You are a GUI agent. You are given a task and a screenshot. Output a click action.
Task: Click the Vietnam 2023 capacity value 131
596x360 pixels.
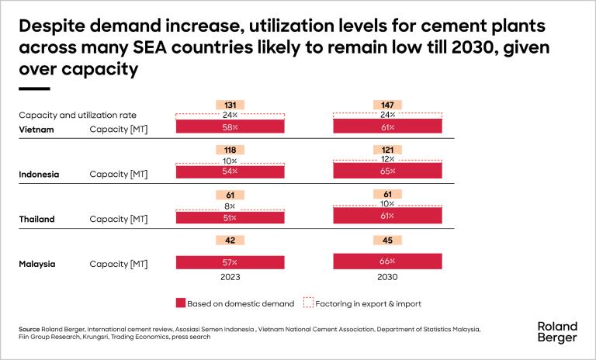point(230,105)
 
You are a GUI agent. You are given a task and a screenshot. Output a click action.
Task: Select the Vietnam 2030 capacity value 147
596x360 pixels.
point(386,105)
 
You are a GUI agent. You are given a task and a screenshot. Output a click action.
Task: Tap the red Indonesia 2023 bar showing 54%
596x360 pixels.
point(230,170)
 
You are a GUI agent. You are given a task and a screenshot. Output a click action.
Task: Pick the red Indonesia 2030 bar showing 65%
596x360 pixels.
point(386,170)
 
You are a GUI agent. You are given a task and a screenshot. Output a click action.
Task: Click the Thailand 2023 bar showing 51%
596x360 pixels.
point(230,217)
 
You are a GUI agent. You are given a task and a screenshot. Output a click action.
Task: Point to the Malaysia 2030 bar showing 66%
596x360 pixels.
point(386,261)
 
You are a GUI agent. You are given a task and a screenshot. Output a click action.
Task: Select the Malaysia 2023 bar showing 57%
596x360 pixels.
point(230,263)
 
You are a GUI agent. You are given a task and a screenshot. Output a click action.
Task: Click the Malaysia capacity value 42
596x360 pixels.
point(230,240)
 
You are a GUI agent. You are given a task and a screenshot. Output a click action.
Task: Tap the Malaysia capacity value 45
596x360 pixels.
point(386,240)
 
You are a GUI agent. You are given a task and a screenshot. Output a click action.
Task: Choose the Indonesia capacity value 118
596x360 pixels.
point(230,150)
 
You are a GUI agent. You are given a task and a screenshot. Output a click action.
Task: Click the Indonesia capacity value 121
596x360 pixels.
point(386,150)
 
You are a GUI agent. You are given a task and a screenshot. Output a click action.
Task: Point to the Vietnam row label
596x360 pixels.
point(36,130)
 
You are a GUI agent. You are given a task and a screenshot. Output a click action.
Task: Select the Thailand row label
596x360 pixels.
point(36,220)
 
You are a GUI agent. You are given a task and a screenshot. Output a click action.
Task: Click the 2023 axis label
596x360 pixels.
point(230,277)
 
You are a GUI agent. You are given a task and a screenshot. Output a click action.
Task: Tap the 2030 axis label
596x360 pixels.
point(386,277)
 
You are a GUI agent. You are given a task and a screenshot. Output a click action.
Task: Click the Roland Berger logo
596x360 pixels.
point(557,332)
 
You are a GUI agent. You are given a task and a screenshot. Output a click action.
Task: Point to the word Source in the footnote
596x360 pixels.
point(29,330)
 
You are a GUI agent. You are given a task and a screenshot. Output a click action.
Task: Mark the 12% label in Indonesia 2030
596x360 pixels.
point(386,158)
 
